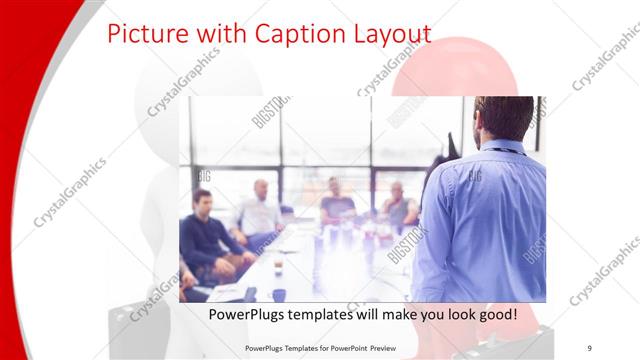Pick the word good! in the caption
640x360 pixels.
(496, 314)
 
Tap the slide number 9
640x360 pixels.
(589, 346)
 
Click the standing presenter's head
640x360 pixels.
(503, 118)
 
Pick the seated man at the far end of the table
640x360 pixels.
(335, 204)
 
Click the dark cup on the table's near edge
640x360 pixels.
(279, 295)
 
